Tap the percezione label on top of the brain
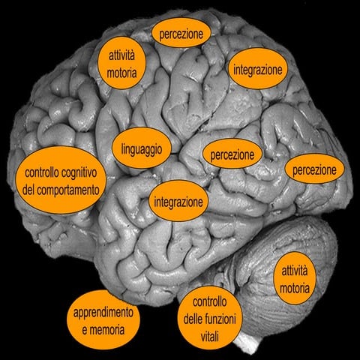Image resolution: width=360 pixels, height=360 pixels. [x=181, y=34]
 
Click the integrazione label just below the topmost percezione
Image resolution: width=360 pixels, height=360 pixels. [x=257, y=69]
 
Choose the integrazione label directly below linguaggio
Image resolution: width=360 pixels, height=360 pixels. [x=178, y=202]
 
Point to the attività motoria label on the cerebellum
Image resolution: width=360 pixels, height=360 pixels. [x=295, y=278]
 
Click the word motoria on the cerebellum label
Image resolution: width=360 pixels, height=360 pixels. [x=295, y=287]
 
